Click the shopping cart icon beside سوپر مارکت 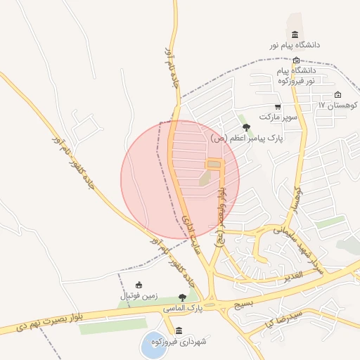[277, 106]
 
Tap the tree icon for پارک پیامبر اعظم [245, 127]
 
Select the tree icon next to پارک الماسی [184, 297]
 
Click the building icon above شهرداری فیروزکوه [179, 330]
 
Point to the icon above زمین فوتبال [139, 285]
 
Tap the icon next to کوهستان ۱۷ [338, 95]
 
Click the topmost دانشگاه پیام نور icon [294, 35]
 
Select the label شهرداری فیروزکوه [182, 342]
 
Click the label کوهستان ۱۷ [337, 105]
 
